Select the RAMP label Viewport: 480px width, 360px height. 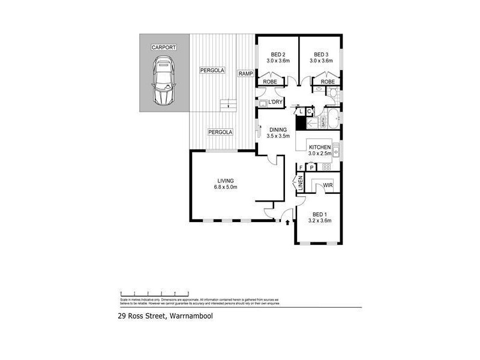[x=245, y=73]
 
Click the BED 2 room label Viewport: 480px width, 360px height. [x=278, y=53]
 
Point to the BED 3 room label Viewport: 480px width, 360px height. [x=321, y=53]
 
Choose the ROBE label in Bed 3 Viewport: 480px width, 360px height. [x=328, y=82]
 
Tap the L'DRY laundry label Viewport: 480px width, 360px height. [x=275, y=103]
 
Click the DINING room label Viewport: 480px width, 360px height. [x=278, y=130]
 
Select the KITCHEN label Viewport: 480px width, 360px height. [x=320, y=147]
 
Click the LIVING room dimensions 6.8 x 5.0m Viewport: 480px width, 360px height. [x=226, y=187]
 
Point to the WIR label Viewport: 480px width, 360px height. [x=328, y=186]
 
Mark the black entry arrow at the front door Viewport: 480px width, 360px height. [x=288, y=223]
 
